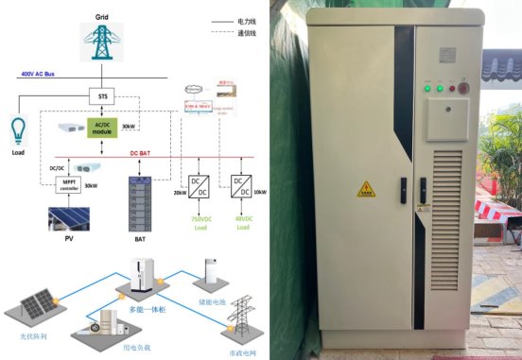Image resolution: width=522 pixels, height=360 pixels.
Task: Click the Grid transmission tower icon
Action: click(x=101, y=42)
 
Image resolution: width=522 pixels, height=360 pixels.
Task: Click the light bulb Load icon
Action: click(x=18, y=129)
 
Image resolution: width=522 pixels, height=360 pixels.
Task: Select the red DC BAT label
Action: click(x=140, y=151)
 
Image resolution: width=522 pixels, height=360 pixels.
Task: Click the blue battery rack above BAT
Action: click(x=138, y=198)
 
